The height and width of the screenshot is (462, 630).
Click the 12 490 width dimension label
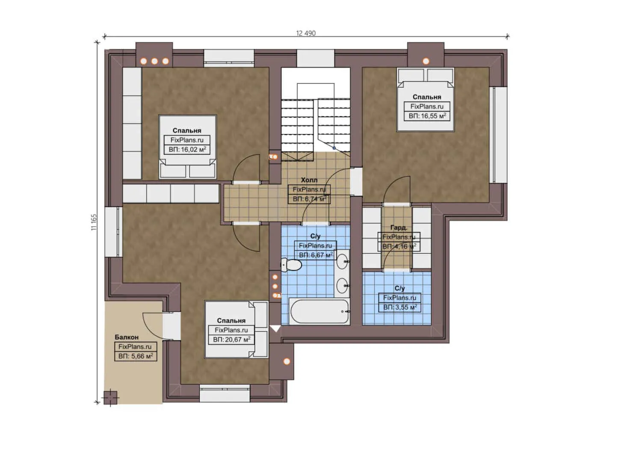click(306, 33)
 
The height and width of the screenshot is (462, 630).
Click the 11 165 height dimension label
click(94, 222)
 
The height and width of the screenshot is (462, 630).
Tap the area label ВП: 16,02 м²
click(187, 150)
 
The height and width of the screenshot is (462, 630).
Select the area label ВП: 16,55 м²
click(427, 116)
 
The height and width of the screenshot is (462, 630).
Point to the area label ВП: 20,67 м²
click(231, 340)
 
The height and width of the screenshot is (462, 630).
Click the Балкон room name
click(127, 337)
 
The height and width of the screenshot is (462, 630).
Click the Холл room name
click(309, 180)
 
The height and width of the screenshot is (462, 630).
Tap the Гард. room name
click(399, 228)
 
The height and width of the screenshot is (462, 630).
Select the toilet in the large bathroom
click(291, 265)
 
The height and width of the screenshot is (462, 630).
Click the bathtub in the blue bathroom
click(320, 311)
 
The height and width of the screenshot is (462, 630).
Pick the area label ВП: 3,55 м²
click(400, 307)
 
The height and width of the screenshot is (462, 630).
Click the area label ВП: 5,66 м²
click(136, 356)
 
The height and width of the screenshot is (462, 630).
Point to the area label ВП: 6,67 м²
click(316, 255)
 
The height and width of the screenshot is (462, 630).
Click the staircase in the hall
click(316, 124)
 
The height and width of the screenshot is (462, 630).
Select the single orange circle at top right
click(426, 61)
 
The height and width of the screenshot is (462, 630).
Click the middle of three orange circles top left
click(154, 61)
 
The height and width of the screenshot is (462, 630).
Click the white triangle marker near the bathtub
click(275, 329)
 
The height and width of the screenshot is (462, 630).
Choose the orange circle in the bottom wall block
click(287, 361)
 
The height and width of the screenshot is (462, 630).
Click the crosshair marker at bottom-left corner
click(110, 397)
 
